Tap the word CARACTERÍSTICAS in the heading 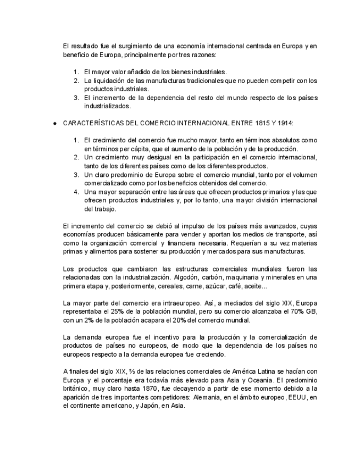point(93,124)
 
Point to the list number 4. point(76,192)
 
